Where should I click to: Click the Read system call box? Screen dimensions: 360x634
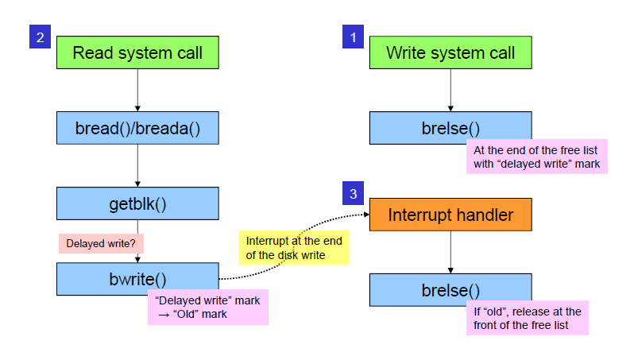(x=137, y=53)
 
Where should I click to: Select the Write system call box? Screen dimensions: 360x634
(x=450, y=53)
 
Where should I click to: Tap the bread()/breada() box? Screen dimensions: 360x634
(x=137, y=127)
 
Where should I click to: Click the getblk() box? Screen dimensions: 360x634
(x=137, y=203)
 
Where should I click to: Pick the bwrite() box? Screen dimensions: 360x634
(x=137, y=279)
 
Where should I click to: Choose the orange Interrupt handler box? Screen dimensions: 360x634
(x=450, y=215)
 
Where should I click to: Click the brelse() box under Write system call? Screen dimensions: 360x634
(x=450, y=127)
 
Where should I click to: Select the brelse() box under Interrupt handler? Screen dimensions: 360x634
(x=450, y=290)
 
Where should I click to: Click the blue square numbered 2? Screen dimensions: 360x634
(x=41, y=37)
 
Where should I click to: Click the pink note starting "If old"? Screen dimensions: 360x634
(x=527, y=318)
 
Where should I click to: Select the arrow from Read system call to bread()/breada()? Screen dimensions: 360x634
(x=137, y=89)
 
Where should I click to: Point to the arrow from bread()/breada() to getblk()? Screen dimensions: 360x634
(x=137, y=165)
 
